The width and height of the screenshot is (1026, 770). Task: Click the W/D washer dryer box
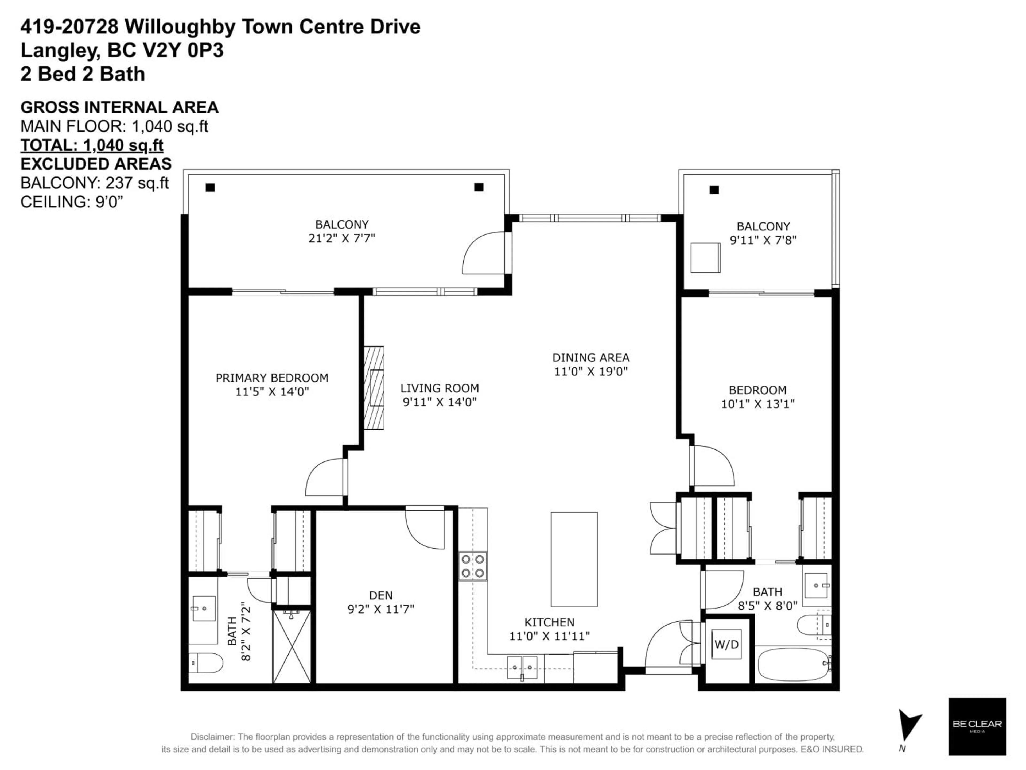pyautogui.click(x=726, y=644)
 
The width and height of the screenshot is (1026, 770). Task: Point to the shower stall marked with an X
pyautogui.click(x=291, y=646)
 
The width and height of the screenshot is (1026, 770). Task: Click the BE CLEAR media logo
pyautogui.click(x=977, y=726)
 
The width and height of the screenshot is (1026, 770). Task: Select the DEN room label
pyautogui.click(x=380, y=595)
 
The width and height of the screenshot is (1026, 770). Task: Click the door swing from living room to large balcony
pyautogui.click(x=485, y=253)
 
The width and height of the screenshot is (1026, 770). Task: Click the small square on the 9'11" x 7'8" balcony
pyautogui.click(x=705, y=257)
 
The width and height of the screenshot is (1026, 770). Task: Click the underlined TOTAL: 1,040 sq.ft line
pyautogui.click(x=92, y=145)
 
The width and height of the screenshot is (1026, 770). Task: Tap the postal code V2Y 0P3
pyautogui.click(x=183, y=50)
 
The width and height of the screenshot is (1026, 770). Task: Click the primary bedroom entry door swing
pyautogui.click(x=325, y=477)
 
